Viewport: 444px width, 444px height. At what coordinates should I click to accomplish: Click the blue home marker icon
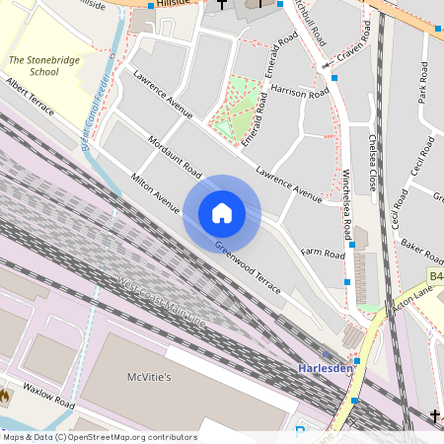tap(222, 212)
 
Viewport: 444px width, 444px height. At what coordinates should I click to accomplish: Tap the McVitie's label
tap(149, 377)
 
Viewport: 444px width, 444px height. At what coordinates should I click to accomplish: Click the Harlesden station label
tap(325, 368)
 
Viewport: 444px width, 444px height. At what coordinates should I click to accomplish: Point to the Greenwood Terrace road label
tap(248, 268)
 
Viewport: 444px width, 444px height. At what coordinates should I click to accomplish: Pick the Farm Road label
tap(323, 254)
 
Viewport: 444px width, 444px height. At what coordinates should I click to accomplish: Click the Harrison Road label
tap(301, 92)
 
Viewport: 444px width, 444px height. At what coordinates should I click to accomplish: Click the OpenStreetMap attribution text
tap(100, 437)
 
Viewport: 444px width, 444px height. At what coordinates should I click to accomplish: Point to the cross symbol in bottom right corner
tap(435, 416)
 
